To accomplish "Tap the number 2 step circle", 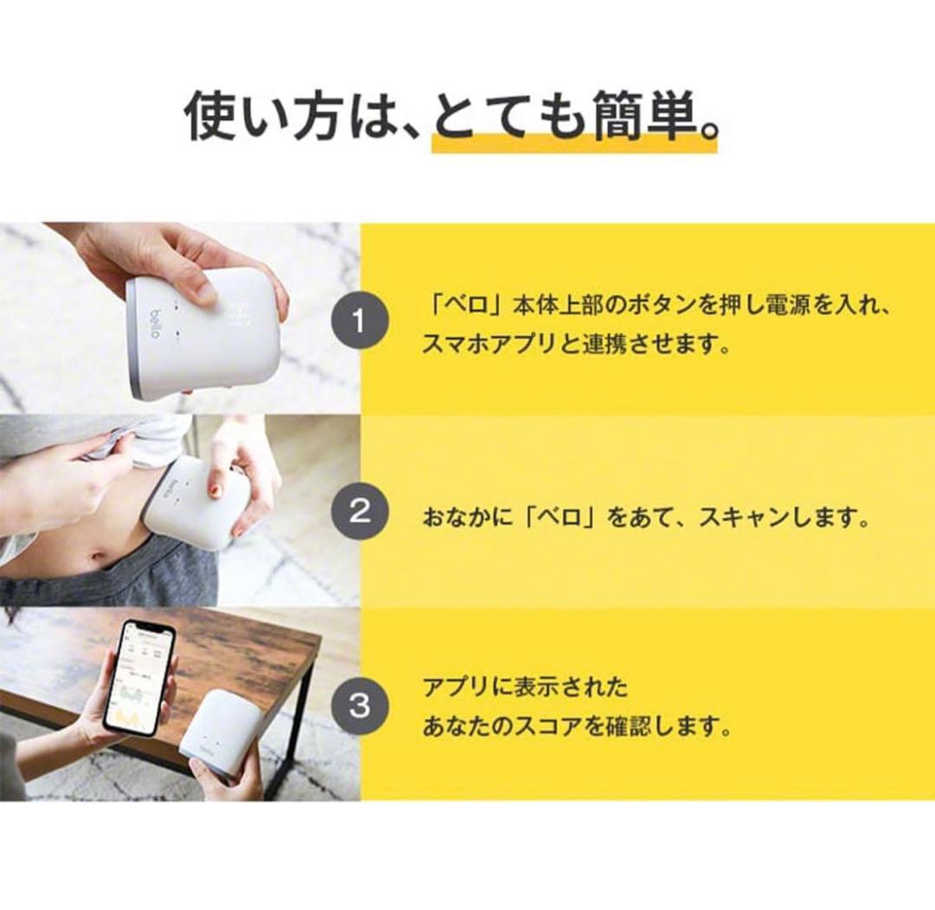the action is click(359, 512).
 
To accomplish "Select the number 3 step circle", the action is click(359, 706).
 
